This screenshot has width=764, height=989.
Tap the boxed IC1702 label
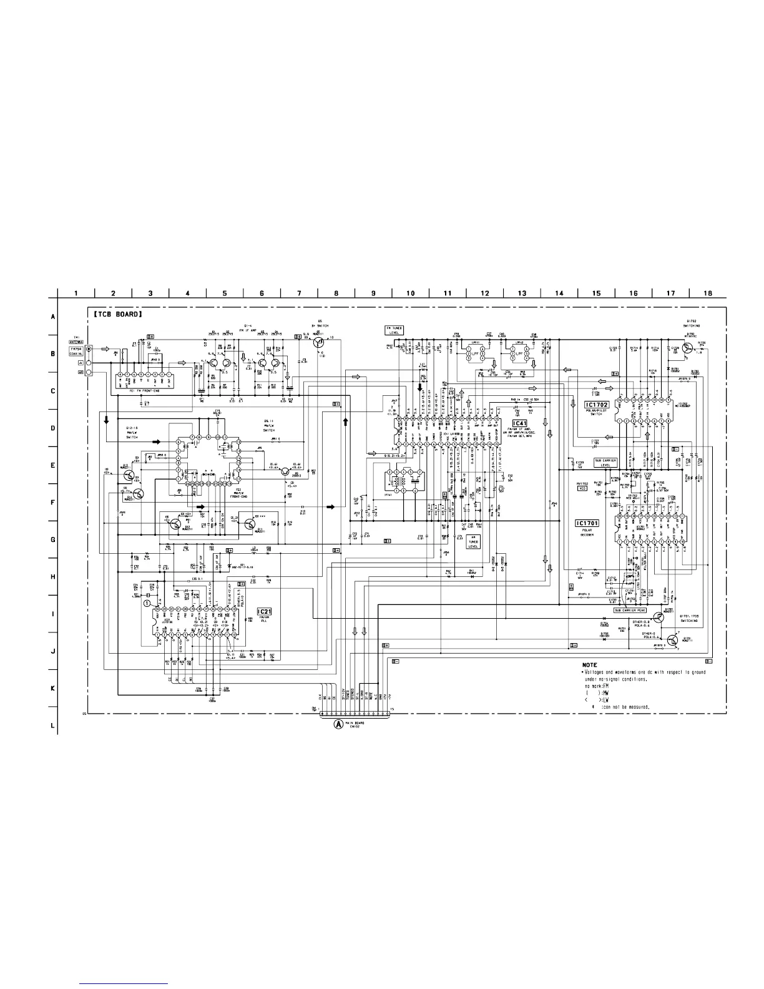point(596,405)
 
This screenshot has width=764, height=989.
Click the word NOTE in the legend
point(590,665)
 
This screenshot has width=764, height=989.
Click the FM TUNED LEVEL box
point(394,330)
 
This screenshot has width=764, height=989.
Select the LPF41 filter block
point(476,353)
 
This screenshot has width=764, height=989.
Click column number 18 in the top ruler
point(708,293)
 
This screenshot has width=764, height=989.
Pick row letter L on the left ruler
point(52,726)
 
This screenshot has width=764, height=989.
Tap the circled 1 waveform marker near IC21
point(147,604)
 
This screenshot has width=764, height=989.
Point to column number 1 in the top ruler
point(76,293)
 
